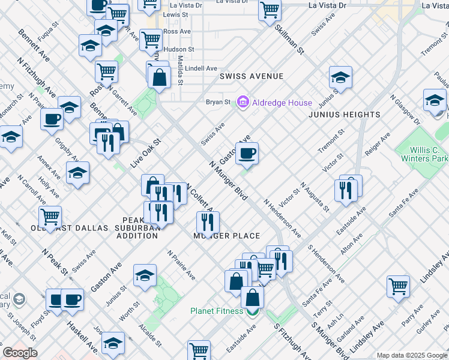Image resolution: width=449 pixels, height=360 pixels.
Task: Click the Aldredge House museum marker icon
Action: pos(243,103)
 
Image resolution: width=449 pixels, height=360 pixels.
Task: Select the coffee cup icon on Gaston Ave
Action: pos(247,155)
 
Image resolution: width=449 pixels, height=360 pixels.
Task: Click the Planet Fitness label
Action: pos(217,311)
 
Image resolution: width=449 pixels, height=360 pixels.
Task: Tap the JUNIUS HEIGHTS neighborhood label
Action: pos(345,115)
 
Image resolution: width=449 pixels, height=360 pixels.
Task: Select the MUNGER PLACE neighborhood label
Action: pos(226,236)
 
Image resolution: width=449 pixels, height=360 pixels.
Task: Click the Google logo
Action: pos(20,352)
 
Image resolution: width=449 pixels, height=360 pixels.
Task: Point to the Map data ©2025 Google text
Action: pos(412,355)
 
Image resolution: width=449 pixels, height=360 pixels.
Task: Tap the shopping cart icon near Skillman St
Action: pos(270,10)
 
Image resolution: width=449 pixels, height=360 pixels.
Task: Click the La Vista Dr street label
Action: pos(327,5)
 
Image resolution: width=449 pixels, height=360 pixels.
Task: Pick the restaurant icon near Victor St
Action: pos(346,190)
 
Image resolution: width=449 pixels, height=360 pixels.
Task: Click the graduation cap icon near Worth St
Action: pos(145,276)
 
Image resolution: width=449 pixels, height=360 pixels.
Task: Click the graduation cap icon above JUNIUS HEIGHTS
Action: pos(340,78)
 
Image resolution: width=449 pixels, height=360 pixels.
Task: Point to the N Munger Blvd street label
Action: pos(229,180)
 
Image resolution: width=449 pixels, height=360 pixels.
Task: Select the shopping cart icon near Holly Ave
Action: pos(50,216)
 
